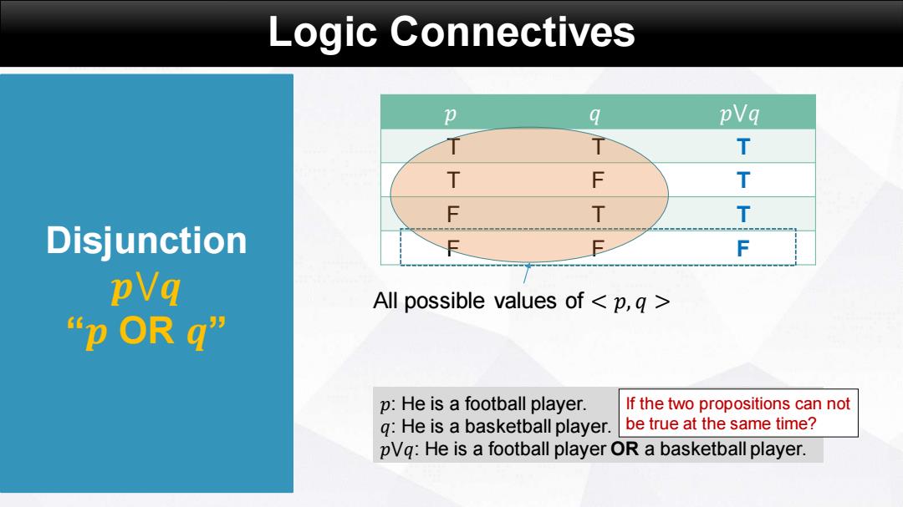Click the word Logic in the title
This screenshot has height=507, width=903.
(x=323, y=33)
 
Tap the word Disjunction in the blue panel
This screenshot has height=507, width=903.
(x=146, y=240)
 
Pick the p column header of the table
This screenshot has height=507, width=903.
(x=451, y=114)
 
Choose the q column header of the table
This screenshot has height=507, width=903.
(x=595, y=114)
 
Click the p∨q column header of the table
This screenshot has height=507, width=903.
(x=739, y=114)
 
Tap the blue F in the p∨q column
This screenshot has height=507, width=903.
(x=743, y=248)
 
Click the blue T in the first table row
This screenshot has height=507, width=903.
(x=743, y=147)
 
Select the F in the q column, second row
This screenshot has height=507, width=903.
(x=598, y=180)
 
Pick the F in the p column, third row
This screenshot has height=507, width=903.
(x=452, y=214)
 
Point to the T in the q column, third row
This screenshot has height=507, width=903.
(x=598, y=214)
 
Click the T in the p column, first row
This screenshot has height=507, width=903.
(x=453, y=147)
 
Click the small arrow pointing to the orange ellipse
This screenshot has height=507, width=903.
(x=527, y=273)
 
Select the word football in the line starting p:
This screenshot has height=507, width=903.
(x=497, y=403)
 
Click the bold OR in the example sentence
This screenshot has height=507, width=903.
(x=625, y=449)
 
